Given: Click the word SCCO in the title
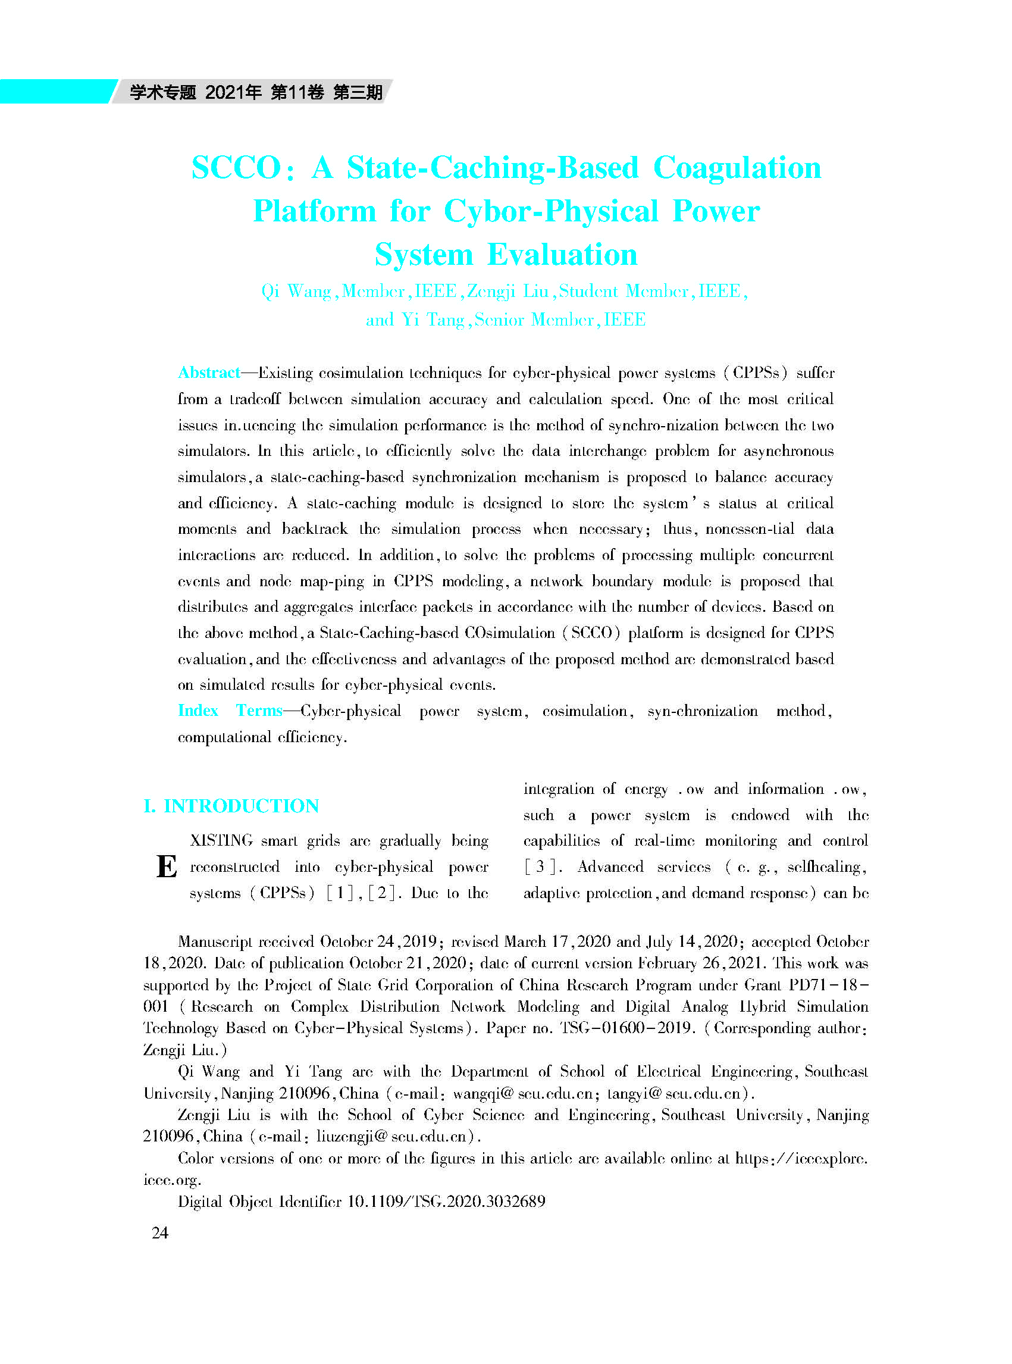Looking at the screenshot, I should tap(236, 167).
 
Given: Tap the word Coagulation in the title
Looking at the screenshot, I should tap(737, 167).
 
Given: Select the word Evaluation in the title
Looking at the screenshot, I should tap(562, 254).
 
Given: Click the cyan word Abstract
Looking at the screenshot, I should tap(208, 373).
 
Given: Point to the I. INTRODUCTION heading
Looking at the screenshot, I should tap(231, 805).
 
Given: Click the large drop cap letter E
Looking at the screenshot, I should tap(167, 866).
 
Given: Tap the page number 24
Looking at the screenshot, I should tap(160, 1232).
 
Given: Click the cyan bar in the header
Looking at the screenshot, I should tap(55, 91).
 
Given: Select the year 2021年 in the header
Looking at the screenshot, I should tap(233, 92).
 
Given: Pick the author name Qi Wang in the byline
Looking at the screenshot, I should tap(296, 291).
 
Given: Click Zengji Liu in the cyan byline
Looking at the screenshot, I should tap(508, 291).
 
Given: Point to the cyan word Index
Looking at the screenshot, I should tap(198, 710).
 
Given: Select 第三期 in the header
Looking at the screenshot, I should tap(358, 92).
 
